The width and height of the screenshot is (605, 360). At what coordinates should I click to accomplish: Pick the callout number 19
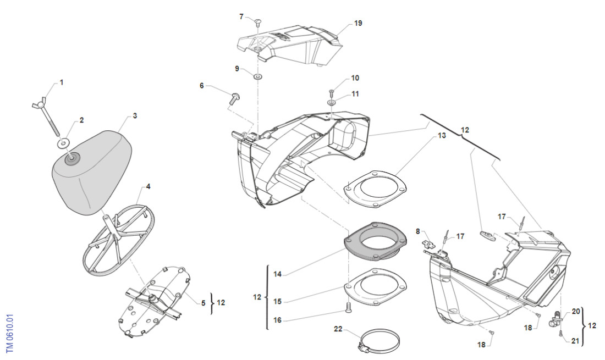click(x=358, y=24)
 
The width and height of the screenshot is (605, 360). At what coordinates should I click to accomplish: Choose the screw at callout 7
click(x=259, y=21)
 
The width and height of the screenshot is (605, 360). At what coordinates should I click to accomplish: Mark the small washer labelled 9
click(x=257, y=75)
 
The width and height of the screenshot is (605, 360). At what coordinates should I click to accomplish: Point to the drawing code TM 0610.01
click(x=10, y=334)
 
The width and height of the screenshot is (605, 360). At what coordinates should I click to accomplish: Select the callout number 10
click(x=355, y=77)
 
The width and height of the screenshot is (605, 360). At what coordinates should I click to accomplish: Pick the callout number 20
click(x=576, y=311)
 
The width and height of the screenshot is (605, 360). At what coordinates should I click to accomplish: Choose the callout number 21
click(x=575, y=341)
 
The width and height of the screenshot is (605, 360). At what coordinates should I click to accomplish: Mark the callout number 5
click(x=203, y=303)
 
